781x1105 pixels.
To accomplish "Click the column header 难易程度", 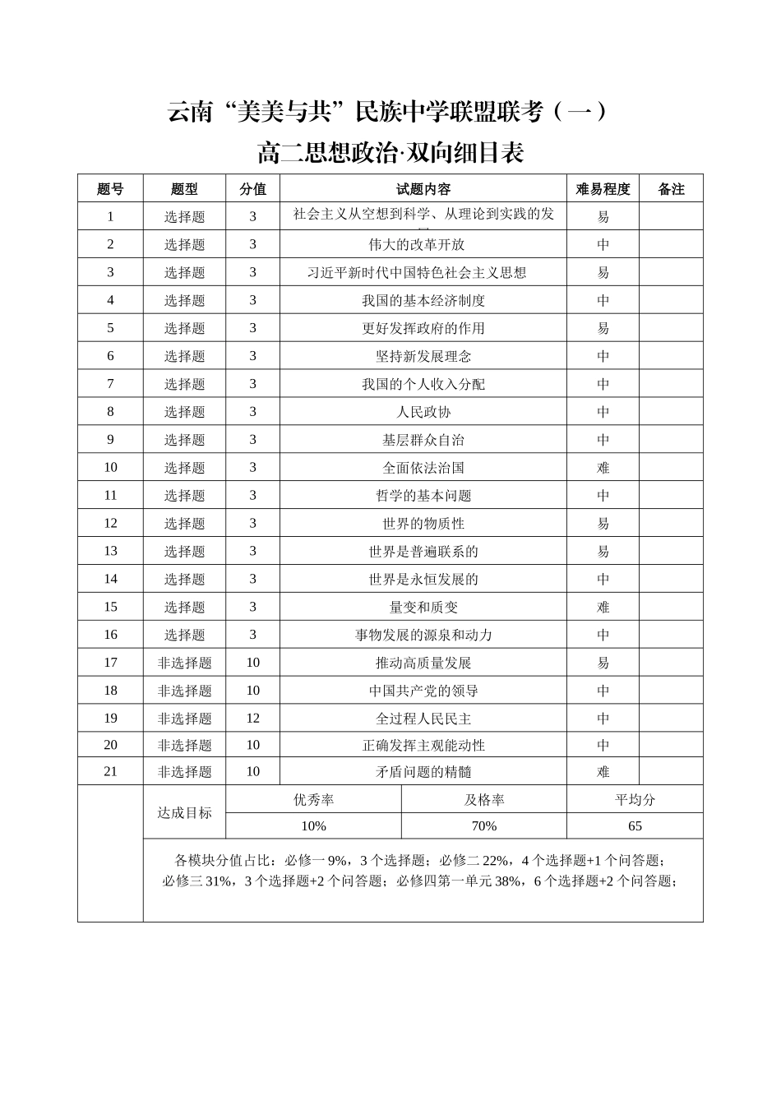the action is coord(603,189).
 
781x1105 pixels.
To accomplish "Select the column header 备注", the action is coord(671,189).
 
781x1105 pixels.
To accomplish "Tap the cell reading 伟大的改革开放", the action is coord(423,245).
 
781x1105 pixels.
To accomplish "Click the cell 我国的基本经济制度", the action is coord(423,301).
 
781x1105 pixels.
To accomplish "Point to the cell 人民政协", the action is coord(423,412).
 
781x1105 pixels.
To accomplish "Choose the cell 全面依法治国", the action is coord(423,468).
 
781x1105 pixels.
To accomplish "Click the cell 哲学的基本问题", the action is coord(423,496).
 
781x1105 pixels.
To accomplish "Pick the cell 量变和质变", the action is coord(423,608).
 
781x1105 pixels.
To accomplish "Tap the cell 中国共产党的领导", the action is coord(423,691).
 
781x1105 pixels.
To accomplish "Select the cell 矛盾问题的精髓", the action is coord(423,772).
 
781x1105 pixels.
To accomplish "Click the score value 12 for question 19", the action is coord(252,719).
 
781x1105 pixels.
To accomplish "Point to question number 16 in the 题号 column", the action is coord(110,635).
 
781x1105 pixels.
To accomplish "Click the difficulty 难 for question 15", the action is coord(603,608).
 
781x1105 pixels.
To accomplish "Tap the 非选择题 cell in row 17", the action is coord(184,663).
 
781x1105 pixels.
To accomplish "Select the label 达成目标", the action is coord(184,812).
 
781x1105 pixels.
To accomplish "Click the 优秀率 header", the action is coord(313,800).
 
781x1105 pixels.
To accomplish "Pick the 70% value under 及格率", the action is coord(483,826).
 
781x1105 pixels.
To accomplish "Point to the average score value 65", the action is coord(634,826).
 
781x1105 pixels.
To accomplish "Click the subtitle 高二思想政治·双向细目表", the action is coord(390,153).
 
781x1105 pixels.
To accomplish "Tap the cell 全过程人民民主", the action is coord(423,719).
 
